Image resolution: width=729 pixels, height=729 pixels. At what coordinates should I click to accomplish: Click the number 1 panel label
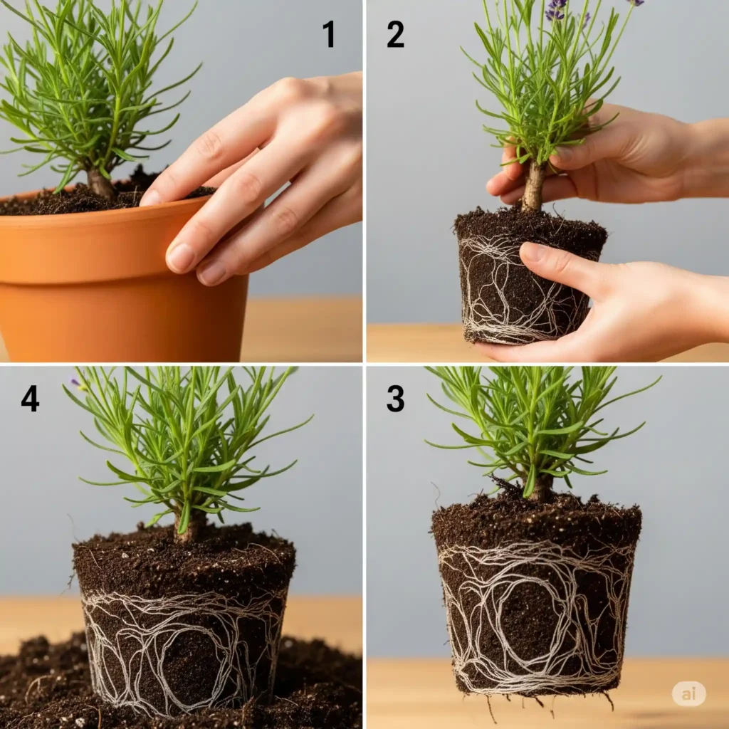(328, 34)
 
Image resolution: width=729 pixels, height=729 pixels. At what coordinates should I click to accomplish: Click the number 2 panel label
(395, 34)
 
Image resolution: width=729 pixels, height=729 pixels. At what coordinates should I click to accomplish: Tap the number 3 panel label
(395, 399)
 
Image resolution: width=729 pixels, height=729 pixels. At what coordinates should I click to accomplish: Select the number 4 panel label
(30, 399)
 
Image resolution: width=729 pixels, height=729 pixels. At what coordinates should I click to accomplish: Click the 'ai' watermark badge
(688, 693)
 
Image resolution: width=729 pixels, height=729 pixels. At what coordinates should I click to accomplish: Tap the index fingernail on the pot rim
(180, 257)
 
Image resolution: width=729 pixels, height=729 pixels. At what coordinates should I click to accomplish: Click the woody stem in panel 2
(533, 187)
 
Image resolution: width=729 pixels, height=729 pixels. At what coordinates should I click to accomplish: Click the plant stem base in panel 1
(100, 184)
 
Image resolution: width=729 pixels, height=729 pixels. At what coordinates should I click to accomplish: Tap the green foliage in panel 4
(185, 441)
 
